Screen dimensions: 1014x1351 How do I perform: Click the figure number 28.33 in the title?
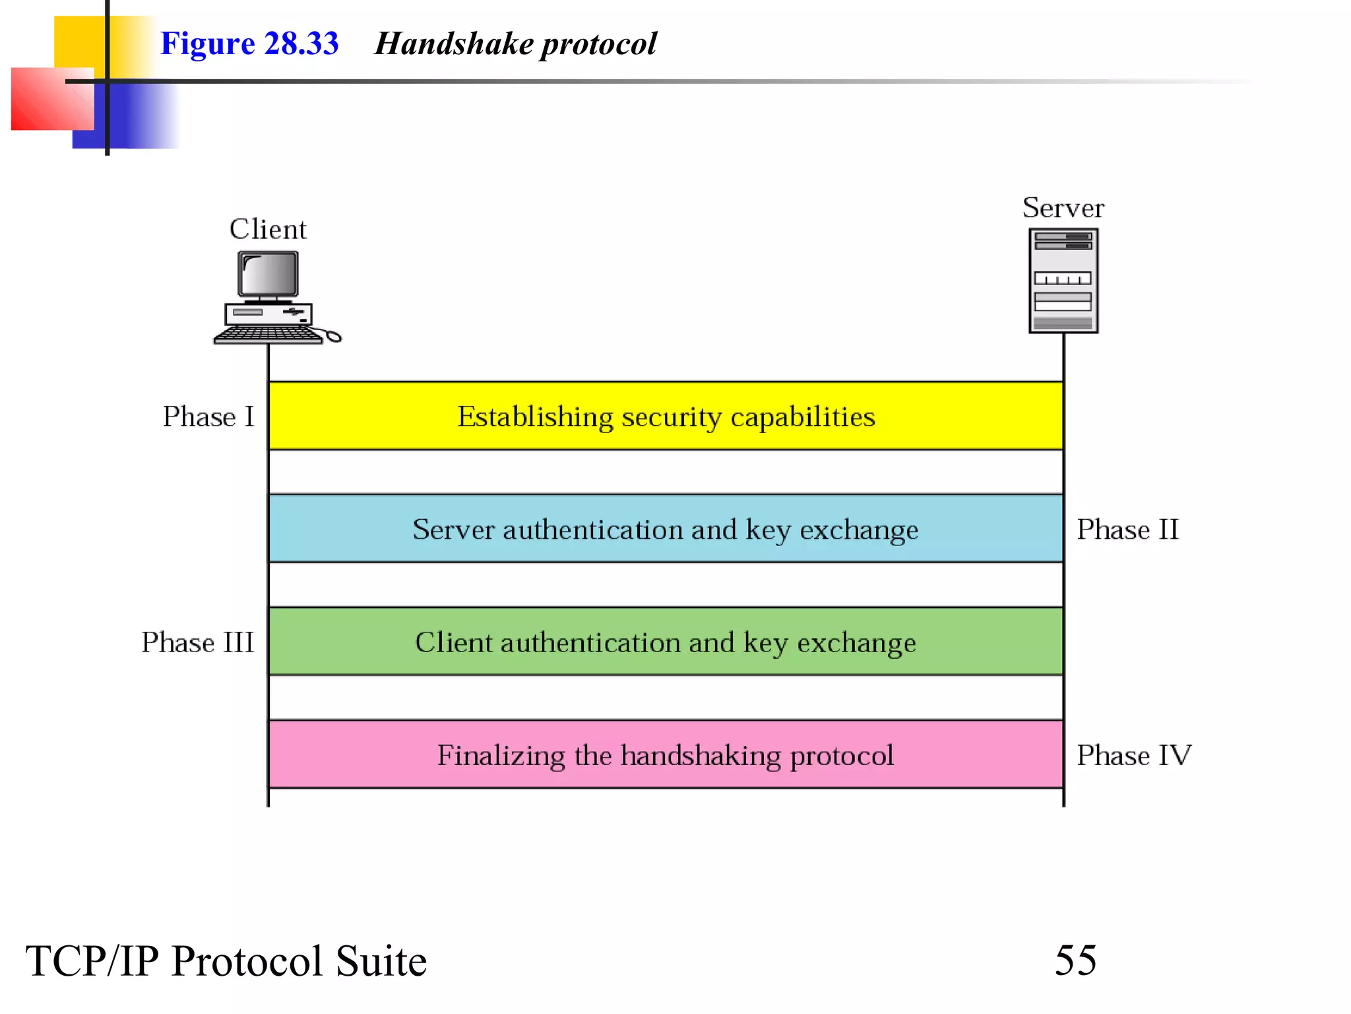[x=301, y=44]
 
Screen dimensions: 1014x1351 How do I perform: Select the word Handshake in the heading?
[x=454, y=44]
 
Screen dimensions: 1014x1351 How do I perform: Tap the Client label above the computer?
[x=268, y=230]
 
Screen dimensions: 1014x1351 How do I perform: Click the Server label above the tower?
[x=1063, y=208]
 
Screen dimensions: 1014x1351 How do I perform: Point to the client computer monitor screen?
[x=268, y=274]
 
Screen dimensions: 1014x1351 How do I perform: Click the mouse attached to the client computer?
[x=333, y=337]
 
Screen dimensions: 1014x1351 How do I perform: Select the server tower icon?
[x=1063, y=281]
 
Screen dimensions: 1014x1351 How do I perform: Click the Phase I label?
[x=208, y=417]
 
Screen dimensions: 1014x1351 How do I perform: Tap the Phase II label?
[x=1127, y=529]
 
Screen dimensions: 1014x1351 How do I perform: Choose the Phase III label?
[x=198, y=642]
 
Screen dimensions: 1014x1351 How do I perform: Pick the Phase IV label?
[x=1133, y=755]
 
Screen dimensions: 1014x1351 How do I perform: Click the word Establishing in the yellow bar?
[x=535, y=417]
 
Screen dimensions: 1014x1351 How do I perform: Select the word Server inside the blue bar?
[x=453, y=529]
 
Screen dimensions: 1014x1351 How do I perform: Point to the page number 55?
[x=1075, y=960]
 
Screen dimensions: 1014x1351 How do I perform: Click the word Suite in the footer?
[x=381, y=961]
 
